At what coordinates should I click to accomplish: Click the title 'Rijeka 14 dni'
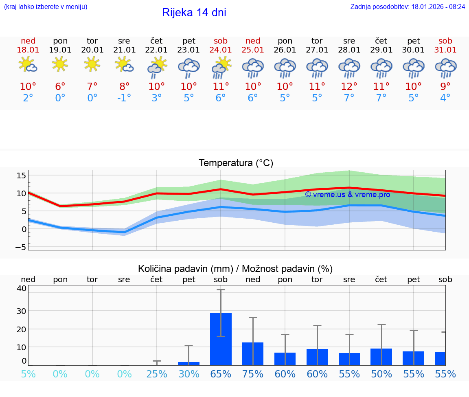point(194,13)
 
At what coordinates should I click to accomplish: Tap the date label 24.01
point(221,50)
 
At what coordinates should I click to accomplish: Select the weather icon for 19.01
point(60,64)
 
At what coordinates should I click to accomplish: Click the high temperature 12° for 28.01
point(349,87)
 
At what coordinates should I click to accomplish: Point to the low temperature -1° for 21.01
point(124,98)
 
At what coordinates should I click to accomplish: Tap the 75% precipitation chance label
point(253,374)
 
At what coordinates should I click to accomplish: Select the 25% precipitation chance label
point(157,374)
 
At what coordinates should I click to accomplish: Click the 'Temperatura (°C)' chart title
point(236,163)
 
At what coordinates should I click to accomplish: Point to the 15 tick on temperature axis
point(21,175)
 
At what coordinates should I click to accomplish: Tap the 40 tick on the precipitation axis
point(21,288)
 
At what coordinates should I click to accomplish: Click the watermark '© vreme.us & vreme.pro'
point(347,194)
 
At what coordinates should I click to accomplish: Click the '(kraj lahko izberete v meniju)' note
point(46,7)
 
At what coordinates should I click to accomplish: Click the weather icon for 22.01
point(157,67)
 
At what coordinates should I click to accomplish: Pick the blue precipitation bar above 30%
point(188,363)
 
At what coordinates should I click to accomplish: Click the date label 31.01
point(445,50)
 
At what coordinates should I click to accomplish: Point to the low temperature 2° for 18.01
point(28,98)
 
